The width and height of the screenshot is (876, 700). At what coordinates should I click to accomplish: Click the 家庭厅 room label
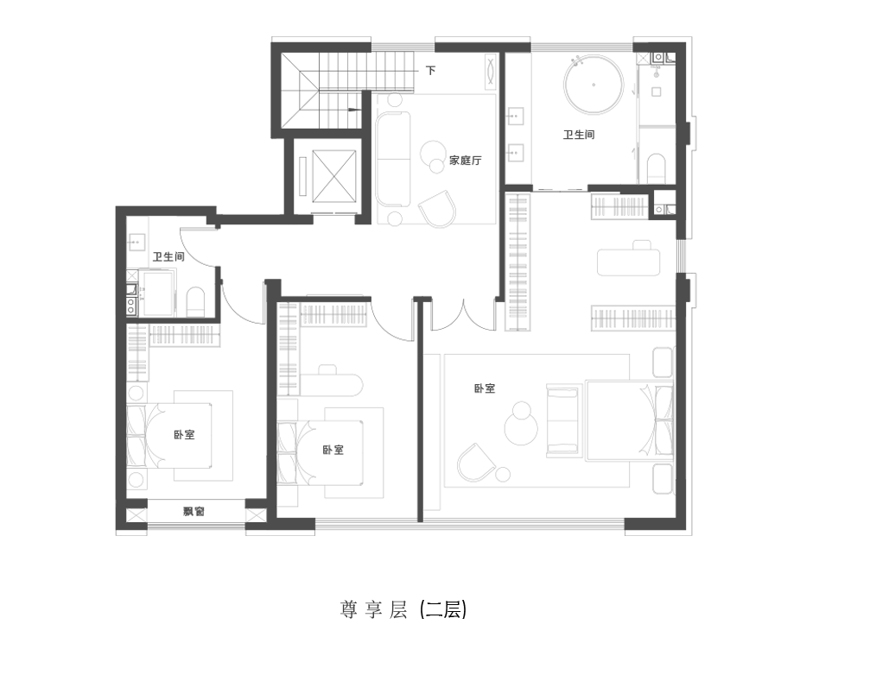pyautogui.click(x=465, y=161)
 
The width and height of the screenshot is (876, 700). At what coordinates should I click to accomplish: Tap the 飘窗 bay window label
pyautogui.click(x=194, y=511)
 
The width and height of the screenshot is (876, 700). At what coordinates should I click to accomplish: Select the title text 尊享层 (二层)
pyautogui.click(x=403, y=609)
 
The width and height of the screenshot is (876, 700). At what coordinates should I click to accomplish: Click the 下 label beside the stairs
pyautogui.click(x=430, y=71)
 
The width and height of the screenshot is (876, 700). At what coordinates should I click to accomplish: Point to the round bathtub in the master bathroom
pyautogui.click(x=594, y=85)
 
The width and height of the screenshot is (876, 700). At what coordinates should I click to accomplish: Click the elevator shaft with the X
pyautogui.click(x=334, y=176)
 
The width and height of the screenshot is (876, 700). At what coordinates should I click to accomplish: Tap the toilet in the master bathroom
pyautogui.click(x=657, y=168)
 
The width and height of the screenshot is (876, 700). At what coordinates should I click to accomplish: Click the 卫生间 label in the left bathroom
pyautogui.click(x=168, y=256)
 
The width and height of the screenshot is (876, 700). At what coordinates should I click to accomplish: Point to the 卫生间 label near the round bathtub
pyautogui.click(x=579, y=135)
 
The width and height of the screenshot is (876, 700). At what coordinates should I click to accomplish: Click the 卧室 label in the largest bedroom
pyautogui.click(x=485, y=388)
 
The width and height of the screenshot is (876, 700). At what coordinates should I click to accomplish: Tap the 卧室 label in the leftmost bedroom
pyautogui.click(x=184, y=434)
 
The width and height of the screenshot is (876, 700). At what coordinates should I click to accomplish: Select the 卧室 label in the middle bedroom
pyautogui.click(x=333, y=450)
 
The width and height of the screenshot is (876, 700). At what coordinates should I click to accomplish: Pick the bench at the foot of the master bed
pyautogui.click(x=562, y=419)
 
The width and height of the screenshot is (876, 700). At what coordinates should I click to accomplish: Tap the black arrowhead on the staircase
pyautogui.click(x=353, y=110)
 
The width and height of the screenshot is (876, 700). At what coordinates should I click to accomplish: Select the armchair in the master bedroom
pyautogui.click(x=476, y=463)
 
